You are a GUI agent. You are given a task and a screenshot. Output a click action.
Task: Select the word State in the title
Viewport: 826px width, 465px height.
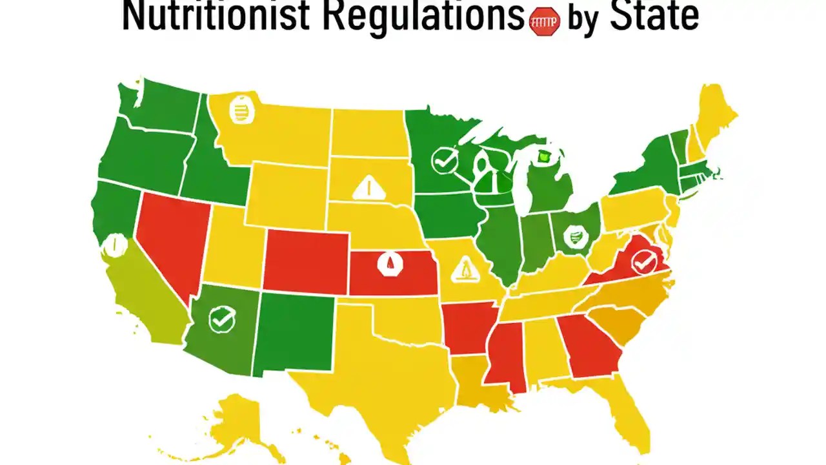tap(654, 17)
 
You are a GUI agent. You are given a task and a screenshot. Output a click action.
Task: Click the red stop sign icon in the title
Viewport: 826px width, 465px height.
tap(544, 21)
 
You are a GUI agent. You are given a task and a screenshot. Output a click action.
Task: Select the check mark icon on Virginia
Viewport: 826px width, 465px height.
tap(643, 262)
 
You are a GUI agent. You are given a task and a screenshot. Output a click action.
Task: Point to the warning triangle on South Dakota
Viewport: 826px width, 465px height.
tap(369, 188)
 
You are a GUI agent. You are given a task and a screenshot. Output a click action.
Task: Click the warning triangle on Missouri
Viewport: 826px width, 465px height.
tap(464, 269)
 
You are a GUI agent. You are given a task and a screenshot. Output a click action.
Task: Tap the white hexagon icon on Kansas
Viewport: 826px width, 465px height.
tap(388, 263)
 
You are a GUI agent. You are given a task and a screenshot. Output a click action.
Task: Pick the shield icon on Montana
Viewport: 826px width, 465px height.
tap(242, 110)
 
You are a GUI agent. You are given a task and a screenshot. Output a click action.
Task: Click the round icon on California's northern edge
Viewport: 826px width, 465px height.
tap(114, 245)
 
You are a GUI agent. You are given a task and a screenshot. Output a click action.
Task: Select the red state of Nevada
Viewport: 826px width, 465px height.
tap(171, 239)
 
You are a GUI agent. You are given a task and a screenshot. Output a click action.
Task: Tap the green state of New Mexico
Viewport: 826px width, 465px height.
tap(294, 333)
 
